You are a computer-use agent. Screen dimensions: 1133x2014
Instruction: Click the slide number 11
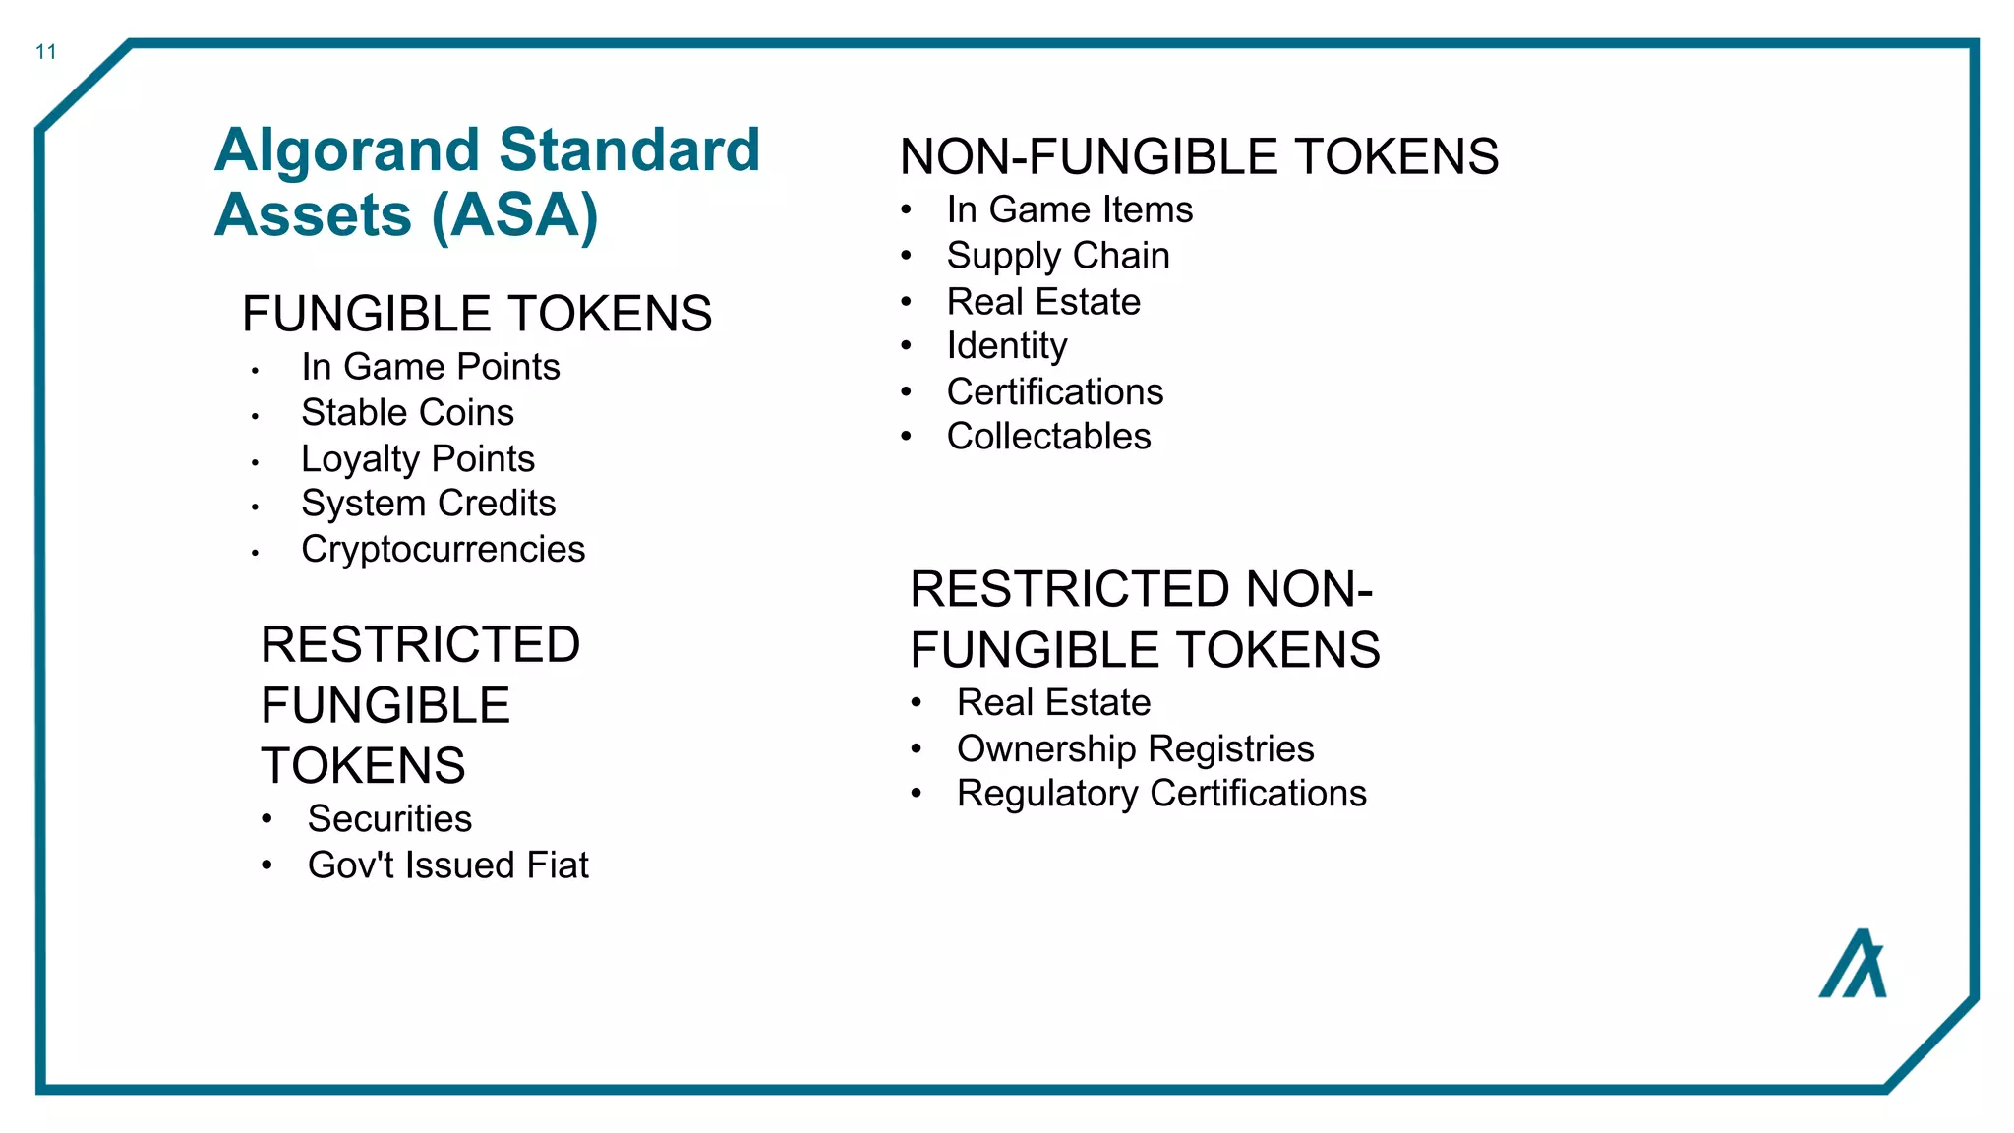pyautogui.click(x=45, y=52)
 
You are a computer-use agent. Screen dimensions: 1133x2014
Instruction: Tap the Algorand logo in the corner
pyautogui.click(x=1853, y=964)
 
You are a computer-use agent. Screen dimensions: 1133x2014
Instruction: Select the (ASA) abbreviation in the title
pyautogui.click(x=514, y=215)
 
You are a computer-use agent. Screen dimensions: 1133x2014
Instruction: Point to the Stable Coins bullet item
pyautogui.click(x=407, y=413)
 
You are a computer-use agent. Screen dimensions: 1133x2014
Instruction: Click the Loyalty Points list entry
pyautogui.click(x=418, y=459)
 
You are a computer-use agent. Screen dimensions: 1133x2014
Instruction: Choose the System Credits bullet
pyautogui.click(x=428, y=504)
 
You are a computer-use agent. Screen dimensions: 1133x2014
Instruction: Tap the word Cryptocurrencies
pyautogui.click(x=443, y=550)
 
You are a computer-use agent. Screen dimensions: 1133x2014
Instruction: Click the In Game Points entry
pyautogui.click(x=431, y=368)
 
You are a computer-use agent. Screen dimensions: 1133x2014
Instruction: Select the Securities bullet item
pyautogui.click(x=389, y=819)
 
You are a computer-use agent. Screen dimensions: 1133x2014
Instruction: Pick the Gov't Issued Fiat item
pyautogui.click(x=447, y=865)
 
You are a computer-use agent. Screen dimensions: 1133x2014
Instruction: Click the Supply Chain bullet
pyautogui.click(x=1058, y=257)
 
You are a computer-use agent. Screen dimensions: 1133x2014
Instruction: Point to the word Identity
pyautogui.click(x=1007, y=346)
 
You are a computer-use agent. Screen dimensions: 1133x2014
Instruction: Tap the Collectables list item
pyautogui.click(x=1048, y=437)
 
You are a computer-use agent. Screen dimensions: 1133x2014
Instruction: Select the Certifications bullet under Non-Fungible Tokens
pyautogui.click(x=1055, y=392)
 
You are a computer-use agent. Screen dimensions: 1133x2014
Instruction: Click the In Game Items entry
pyautogui.click(x=1070, y=210)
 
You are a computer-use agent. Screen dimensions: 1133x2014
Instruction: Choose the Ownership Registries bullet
pyautogui.click(x=1135, y=749)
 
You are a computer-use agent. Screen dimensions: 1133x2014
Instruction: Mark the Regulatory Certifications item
pyautogui.click(x=1161, y=794)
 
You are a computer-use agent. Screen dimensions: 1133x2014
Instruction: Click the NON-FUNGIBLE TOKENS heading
pyautogui.click(x=1199, y=157)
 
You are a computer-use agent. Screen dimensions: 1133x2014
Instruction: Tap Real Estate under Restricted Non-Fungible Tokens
pyautogui.click(x=1053, y=703)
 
